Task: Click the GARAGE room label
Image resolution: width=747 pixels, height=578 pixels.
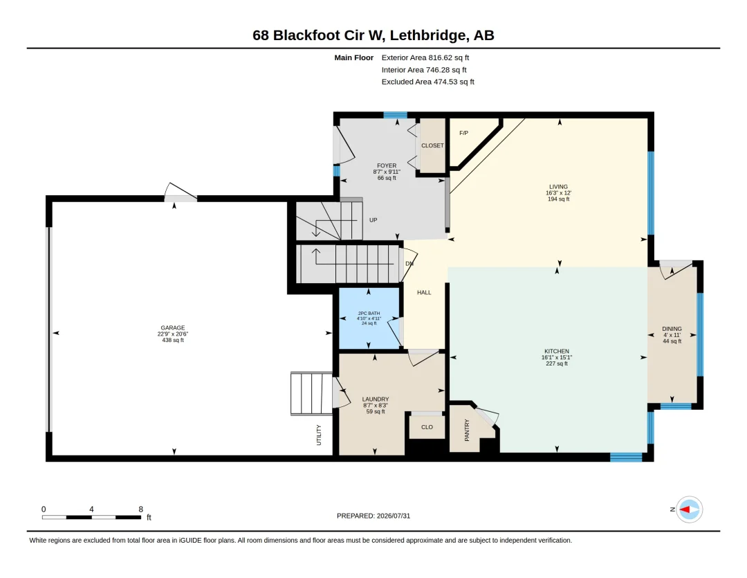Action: click(x=172, y=327)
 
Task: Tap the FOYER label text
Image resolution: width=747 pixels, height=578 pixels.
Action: click(x=387, y=165)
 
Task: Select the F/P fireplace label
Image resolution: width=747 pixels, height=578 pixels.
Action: click(x=463, y=133)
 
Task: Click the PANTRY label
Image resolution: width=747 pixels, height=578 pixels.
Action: click(x=467, y=430)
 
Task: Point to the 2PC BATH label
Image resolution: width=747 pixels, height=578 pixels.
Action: click(x=369, y=314)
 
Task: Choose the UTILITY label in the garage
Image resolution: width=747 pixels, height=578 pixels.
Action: click(x=319, y=435)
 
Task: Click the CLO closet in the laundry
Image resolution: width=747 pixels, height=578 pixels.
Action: click(x=427, y=427)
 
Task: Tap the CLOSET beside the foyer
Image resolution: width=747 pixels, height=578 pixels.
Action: click(x=432, y=145)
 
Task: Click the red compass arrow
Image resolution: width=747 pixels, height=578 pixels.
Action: click(x=685, y=509)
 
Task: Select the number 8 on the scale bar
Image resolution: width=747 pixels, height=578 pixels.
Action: click(x=140, y=509)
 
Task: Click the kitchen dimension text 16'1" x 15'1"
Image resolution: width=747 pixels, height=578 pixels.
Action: click(x=556, y=357)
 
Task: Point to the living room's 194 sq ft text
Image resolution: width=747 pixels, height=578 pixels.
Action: click(x=558, y=199)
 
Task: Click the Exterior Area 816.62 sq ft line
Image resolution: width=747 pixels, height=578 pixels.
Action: click(x=425, y=57)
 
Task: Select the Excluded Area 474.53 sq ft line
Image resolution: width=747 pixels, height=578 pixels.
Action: click(x=428, y=82)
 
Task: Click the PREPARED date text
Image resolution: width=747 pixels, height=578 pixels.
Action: click(x=373, y=516)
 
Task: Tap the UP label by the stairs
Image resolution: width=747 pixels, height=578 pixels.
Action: click(x=373, y=220)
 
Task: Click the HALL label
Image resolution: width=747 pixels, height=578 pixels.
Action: click(x=424, y=292)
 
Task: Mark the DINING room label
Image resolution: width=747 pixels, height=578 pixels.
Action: click(x=672, y=329)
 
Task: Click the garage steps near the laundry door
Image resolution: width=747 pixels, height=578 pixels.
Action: click(x=311, y=393)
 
